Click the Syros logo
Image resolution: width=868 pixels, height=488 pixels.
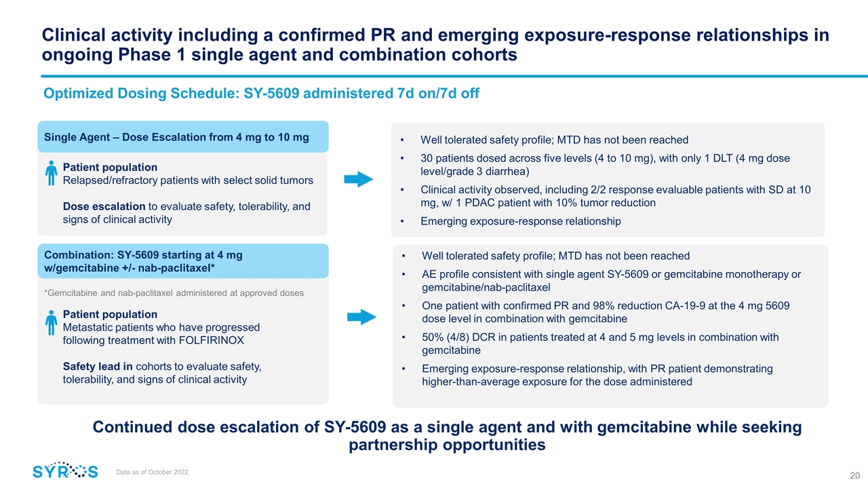tap(65, 471)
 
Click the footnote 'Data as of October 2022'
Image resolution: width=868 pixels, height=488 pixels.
tap(153, 472)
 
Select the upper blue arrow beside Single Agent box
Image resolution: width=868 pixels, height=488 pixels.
tap(359, 180)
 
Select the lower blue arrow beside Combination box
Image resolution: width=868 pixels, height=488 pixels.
tap(361, 317)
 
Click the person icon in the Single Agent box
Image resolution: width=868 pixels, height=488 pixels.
tap(52, 173)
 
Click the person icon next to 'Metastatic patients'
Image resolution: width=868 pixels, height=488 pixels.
tap(52, 323)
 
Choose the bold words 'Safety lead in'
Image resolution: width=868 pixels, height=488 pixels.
tap(98, 367)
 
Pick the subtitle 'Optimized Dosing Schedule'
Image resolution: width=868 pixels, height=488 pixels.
tap(261, 94)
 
